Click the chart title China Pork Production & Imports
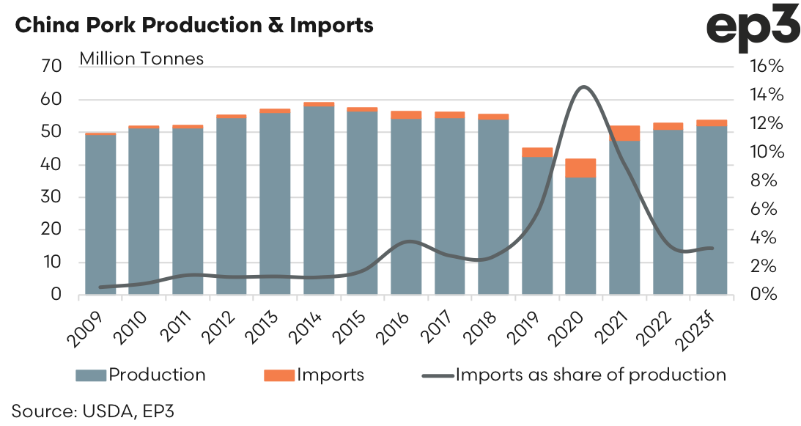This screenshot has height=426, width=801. [194, 26]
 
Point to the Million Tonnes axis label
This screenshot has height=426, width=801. [141, 58]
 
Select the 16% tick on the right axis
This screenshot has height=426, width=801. [767, 67]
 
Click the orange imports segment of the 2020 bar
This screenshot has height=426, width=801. [580, 168]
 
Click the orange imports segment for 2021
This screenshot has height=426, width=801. [624, 133]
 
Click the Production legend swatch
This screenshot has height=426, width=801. [91, 375]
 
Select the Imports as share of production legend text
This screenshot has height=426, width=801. [591, 375]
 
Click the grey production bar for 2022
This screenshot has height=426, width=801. [668, 213]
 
